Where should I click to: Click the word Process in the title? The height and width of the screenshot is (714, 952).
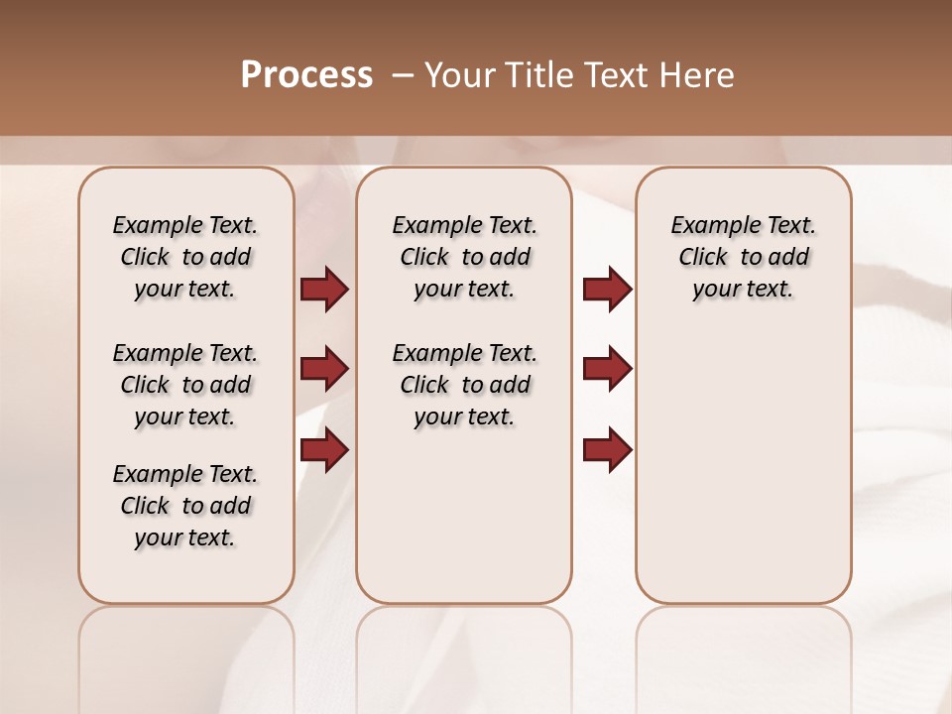[x=306, y=75]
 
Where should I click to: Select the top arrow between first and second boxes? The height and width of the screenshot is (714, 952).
[x=323, y=289]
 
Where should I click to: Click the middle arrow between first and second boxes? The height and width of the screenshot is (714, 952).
[x=323, y=369]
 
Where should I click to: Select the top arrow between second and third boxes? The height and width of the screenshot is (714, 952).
[x=607, y=289]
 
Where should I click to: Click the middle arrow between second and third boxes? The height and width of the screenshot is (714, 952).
[x=607, y=369]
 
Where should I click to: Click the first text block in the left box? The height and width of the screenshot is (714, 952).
[x=185, y=257]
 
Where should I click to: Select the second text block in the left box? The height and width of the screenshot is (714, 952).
[x=185, y=385]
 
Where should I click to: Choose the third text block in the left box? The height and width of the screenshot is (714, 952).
[x=185, y=506]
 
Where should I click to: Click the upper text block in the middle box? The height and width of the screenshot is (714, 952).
[x=464, y=257]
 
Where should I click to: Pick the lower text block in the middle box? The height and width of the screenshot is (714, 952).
[x=464, y=385]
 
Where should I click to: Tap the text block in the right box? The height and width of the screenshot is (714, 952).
[x=743, y=257]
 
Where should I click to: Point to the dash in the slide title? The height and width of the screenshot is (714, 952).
[x=402, y=75]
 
